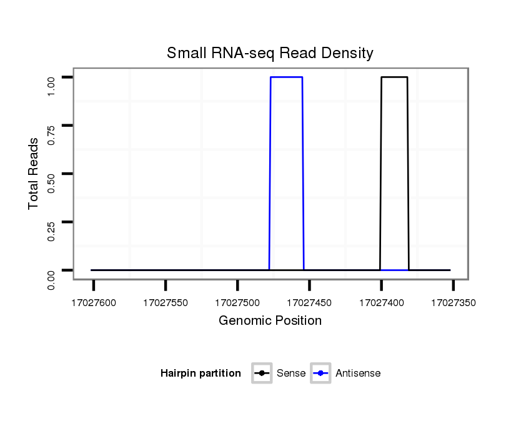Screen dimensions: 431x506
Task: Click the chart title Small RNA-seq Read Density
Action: coord(270,53)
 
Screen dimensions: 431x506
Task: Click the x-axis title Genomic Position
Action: coord(270,321)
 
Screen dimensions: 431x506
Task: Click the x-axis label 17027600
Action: coord(94,303)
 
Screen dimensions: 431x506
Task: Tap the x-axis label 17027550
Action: coord(166,303)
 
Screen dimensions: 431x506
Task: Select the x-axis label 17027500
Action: coord(237,303)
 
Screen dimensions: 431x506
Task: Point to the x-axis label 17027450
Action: coord(309,303)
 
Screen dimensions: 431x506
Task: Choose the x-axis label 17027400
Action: coord(381,303)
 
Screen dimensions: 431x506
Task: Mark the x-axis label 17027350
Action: coord(453,303)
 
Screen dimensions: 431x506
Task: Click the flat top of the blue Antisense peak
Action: coord(286,77)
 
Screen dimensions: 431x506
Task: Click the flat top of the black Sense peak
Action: coord(394,77)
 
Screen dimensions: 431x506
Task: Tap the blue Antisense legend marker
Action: coord(320,374)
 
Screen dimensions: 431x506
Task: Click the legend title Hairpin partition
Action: coord(201,374)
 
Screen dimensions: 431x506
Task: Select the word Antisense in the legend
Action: coord(358,374)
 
